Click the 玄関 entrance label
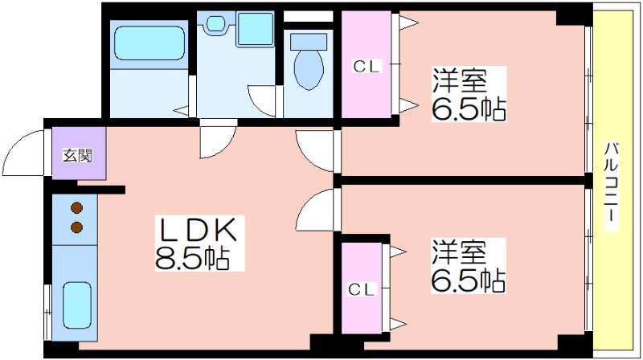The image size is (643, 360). pos(77,156)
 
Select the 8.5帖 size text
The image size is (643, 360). pos(191,258)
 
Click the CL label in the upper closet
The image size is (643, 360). pos(367,67)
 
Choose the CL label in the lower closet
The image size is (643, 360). pos(361,289)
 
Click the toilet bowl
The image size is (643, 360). pos(309,70)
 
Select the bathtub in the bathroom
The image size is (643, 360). pos(149,43)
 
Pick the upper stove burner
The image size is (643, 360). pos(76,208)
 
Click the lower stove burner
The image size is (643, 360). pos(76,227)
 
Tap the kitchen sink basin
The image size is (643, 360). pos(76,305)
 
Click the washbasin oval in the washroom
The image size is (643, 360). pos(215,23)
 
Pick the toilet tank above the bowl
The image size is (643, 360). pos(309,42)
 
